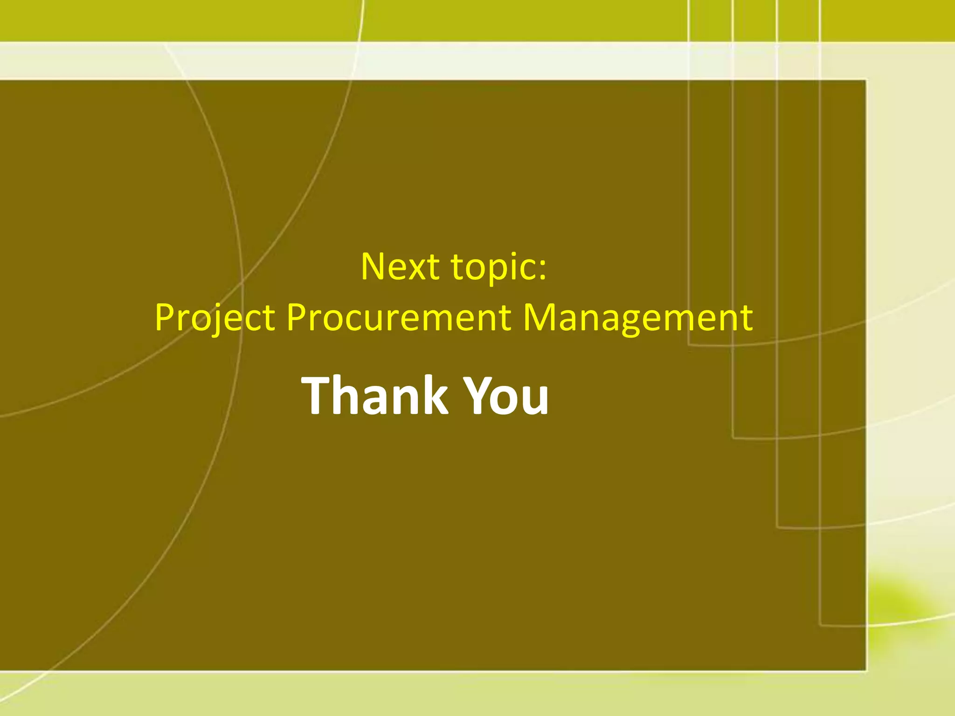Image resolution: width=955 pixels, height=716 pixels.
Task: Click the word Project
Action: (x=215, y=317)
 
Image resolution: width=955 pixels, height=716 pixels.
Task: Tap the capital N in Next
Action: (x=374, y=267)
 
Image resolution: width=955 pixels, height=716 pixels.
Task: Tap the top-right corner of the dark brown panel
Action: (x=865, y=81)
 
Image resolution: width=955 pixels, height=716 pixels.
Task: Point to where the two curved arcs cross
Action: (x=242, y=280)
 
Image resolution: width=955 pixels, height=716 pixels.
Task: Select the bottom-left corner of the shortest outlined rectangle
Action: (x=689, y=344)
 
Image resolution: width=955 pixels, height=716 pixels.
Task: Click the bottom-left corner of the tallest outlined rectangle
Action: (x=821, y=625)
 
